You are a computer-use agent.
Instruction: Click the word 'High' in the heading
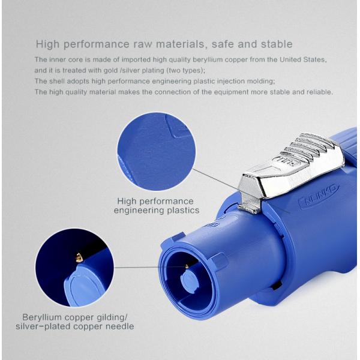tap(47, 44)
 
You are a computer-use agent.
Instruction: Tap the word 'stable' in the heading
tap(278, 44)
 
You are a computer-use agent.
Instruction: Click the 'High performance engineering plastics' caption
tap(155, 206)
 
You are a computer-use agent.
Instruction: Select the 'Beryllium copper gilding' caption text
tap(75, 317)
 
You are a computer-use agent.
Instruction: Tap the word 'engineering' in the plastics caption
tap(139, 211)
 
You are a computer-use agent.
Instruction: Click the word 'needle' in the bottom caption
tap(118, 326)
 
